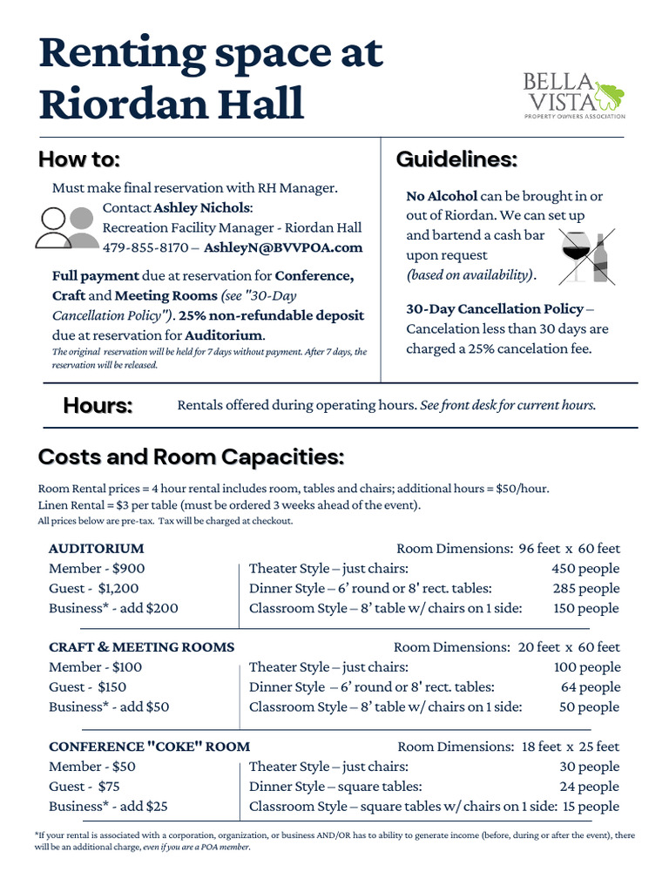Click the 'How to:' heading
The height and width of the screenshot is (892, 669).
click(x=79, y=160)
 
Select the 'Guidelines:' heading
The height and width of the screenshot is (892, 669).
click(x=456, y=160)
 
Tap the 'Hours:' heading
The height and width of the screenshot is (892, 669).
click(x=98, y=406)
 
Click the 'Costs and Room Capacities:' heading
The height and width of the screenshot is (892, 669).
click(x=192, y=457)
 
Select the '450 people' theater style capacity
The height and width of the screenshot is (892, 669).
click(x=586, y=569)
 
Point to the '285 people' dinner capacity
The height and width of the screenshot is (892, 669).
click(x=586, y=589)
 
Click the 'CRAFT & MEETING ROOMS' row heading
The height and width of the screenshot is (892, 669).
click(x=141, y=647)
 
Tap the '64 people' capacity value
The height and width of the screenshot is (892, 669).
click(x=590, y=687)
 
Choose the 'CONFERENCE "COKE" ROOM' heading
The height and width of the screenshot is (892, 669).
click(x=149, y=747)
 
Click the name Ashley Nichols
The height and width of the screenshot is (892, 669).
click(x=202, y=208)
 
